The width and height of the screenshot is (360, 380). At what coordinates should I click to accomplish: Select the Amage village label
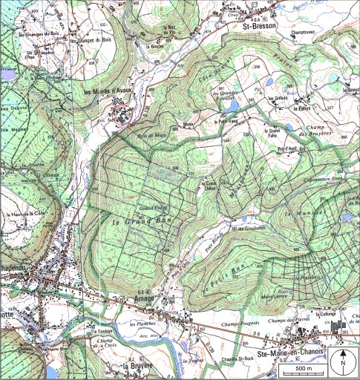(145, 298)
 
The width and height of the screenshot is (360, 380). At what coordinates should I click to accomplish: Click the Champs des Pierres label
(285, 319)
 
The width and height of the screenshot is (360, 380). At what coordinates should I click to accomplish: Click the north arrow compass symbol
(344, 362)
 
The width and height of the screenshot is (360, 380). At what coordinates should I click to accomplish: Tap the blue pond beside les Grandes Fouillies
(269, 83)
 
